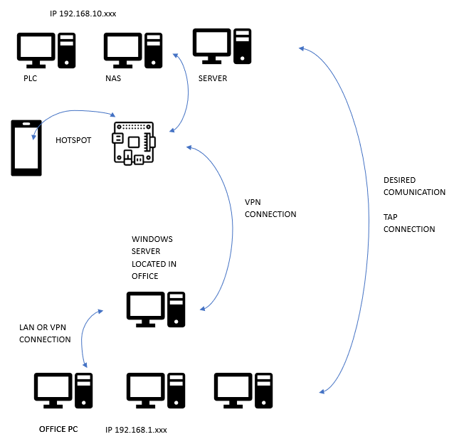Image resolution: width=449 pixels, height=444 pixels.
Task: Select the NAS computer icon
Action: pyautogui.click(x=134, y=50)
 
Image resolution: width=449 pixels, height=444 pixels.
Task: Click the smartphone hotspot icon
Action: pyautogui.click(x=26, y=148)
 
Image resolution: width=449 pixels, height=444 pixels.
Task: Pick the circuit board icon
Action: pyautogui.click(x=134, y=143)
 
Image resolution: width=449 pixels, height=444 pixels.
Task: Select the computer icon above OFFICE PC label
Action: pyautogui.click(x=64, y=390)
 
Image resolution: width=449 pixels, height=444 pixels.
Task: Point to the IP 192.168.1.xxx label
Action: pyautogui.click(x=136, y=430)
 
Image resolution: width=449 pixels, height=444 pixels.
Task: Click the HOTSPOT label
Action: pyautogui.click(x=73, y=140)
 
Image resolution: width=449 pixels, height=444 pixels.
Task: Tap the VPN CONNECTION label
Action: pyautogui.click(x=270, y=208)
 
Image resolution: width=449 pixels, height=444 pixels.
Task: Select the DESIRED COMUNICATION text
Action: pyautogui.click(x=414, y=186)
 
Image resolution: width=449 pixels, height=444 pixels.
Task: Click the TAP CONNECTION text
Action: pyautogui.click(x=409, y=223)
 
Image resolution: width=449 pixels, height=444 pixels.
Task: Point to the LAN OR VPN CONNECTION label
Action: pyautogui.click(x=45, y=333)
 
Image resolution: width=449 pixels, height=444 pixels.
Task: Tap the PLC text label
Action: pyautogui.click(x=30, y=78)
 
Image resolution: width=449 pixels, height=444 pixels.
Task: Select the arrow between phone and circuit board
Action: pyautogui.click(x=71, y=113)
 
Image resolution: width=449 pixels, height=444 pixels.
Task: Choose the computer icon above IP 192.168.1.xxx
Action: pyautogui.click(x=156, y=390)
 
